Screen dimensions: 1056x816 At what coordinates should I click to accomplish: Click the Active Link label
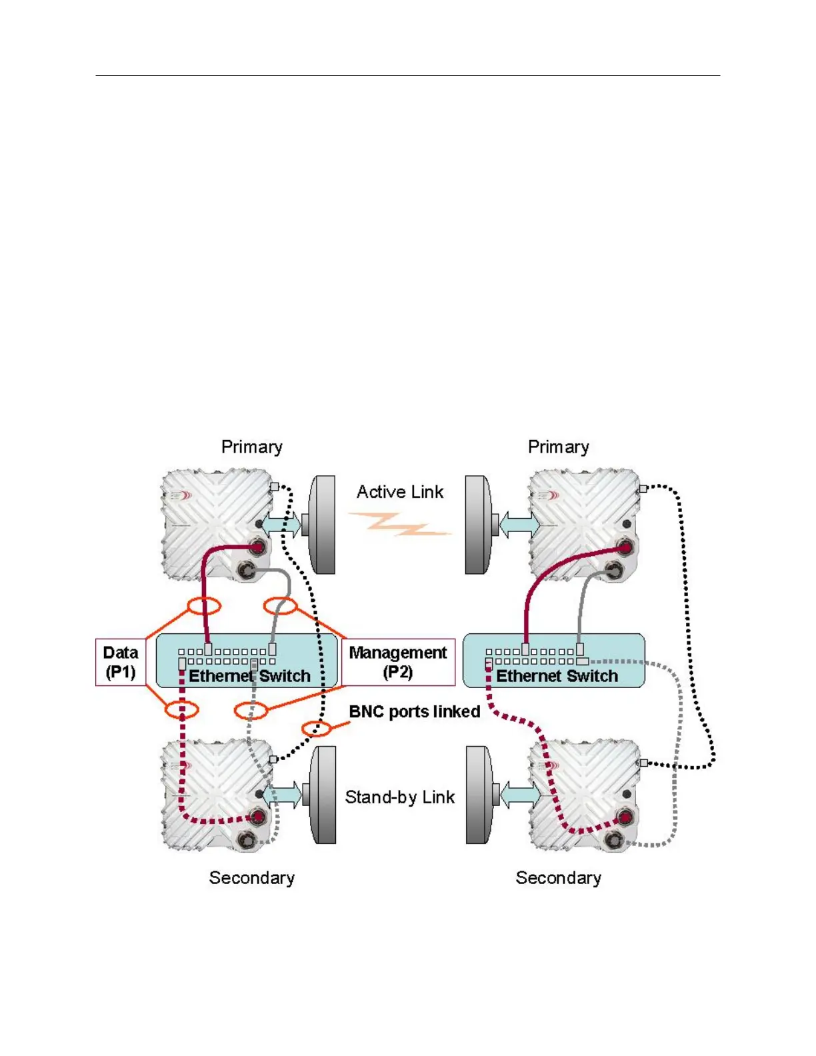[399, 492]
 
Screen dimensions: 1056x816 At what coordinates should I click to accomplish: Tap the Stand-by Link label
[399, 797]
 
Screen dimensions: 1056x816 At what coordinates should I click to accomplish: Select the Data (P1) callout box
[121, 662]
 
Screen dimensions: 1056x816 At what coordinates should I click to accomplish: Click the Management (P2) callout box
[398, 662]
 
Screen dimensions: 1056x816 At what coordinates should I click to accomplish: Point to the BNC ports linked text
[414, 712]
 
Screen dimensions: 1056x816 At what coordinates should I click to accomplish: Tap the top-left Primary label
[251, 447]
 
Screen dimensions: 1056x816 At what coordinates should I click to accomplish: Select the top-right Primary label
[558, 447]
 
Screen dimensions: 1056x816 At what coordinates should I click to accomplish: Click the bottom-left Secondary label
[251, 878]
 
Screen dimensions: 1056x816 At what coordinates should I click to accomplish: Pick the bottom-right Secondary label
[558, 878]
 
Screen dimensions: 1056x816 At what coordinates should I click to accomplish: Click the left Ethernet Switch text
[249, 676]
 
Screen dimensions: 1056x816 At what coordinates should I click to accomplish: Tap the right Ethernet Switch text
[557, 676]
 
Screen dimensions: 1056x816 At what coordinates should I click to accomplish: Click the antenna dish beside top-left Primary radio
[323, 525]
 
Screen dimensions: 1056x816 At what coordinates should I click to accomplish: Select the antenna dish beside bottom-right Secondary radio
[479, 795]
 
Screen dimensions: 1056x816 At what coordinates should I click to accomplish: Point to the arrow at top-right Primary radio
[519, 524]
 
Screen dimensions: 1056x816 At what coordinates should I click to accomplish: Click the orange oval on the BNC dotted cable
[316, 729]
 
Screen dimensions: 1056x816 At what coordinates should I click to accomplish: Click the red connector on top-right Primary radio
[625, 547]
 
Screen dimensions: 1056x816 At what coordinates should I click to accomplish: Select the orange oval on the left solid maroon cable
[203, 606]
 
